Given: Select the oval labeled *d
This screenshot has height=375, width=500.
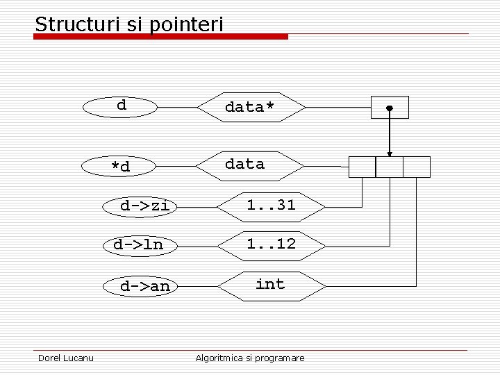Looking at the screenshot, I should [x=120, y=167].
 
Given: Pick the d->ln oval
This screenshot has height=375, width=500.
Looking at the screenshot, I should [x=138, y=244].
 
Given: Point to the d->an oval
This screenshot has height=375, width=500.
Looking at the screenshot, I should [x=144, y=286].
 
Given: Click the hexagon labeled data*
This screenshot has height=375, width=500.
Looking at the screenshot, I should [x=251, y=107].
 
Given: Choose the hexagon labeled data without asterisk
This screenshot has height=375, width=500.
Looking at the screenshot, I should [x=249, y=165].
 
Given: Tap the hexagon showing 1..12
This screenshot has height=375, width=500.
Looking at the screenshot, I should [x=271, y=244].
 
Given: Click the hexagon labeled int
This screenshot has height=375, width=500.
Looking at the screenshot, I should [x=271, y=285].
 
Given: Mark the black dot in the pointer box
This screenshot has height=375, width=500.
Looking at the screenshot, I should [x=390, y=108].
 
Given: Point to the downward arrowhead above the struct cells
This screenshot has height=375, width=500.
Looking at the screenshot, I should [x=390, y=153].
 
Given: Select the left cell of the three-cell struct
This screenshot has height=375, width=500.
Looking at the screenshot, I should [x=362, y=167].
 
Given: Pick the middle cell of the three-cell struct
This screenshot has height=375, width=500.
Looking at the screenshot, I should [x=389, y=167].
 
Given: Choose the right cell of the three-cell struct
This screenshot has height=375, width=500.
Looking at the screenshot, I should [x=417, y=167].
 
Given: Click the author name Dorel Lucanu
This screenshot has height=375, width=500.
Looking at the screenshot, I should [x=66, y=358].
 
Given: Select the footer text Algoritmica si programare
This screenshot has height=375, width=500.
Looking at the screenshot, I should [x=250, y=358].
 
